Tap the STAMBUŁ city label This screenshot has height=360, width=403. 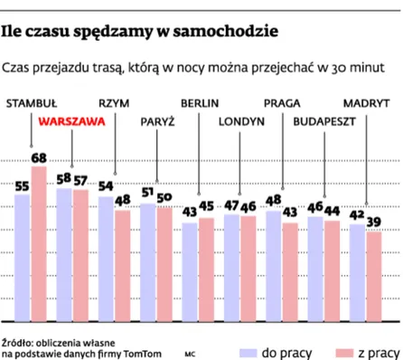[x=33, y=102]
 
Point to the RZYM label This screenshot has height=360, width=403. [x=115, y=102]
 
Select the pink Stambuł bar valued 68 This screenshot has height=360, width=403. [x=38, y=244]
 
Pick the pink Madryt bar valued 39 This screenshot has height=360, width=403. [x=373, y=277]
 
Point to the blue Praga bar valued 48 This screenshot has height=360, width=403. [x=274, y=266]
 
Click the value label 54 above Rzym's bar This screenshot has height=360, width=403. [x=105, y=186]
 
